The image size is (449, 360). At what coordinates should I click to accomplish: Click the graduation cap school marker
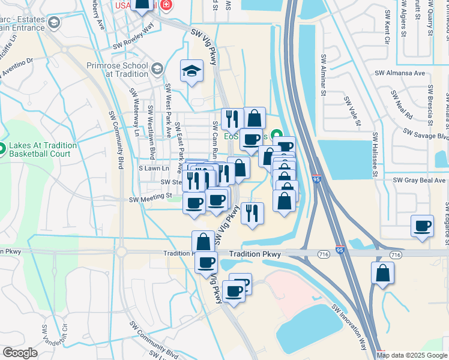[192, 71]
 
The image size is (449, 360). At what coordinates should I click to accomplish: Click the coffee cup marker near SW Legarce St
[423, 226]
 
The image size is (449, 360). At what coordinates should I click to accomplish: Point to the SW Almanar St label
[323, 76]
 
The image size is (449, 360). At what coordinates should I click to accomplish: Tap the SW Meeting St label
[151, 196]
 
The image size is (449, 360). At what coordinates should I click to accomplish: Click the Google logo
[20, 352]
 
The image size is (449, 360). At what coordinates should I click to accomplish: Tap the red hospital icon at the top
[166, 5]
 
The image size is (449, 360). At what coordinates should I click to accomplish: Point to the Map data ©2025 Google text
[412, 355]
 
